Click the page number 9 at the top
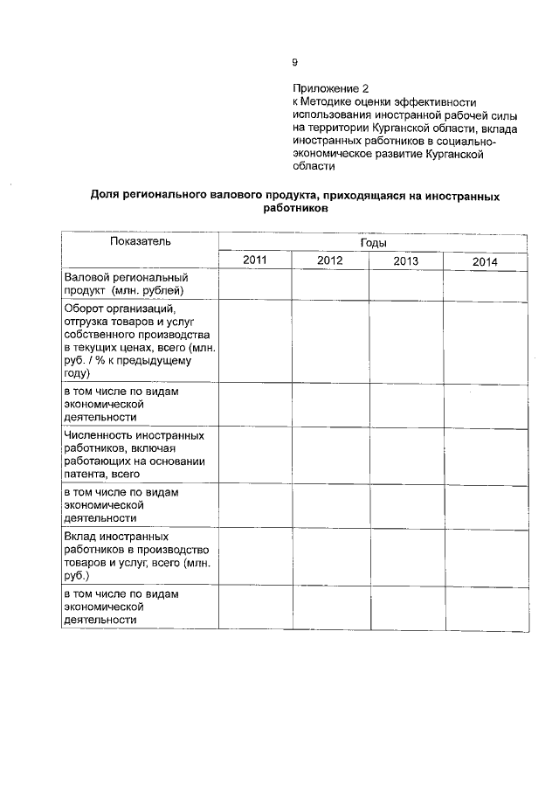tap(294, 61)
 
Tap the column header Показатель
tap(140, 241)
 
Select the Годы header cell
tap(373, 243)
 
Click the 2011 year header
tap(255, 260)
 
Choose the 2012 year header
tap(330, 261)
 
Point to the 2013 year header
tap(405, 261)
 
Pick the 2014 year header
tap(485, 262)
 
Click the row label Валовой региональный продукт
tap(126, 283)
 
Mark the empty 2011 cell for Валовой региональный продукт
tap(255, 283)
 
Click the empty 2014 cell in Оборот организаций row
tap(485, 340)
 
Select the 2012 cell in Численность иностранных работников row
tap(330, 454)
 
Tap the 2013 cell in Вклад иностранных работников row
tap(405, 556)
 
